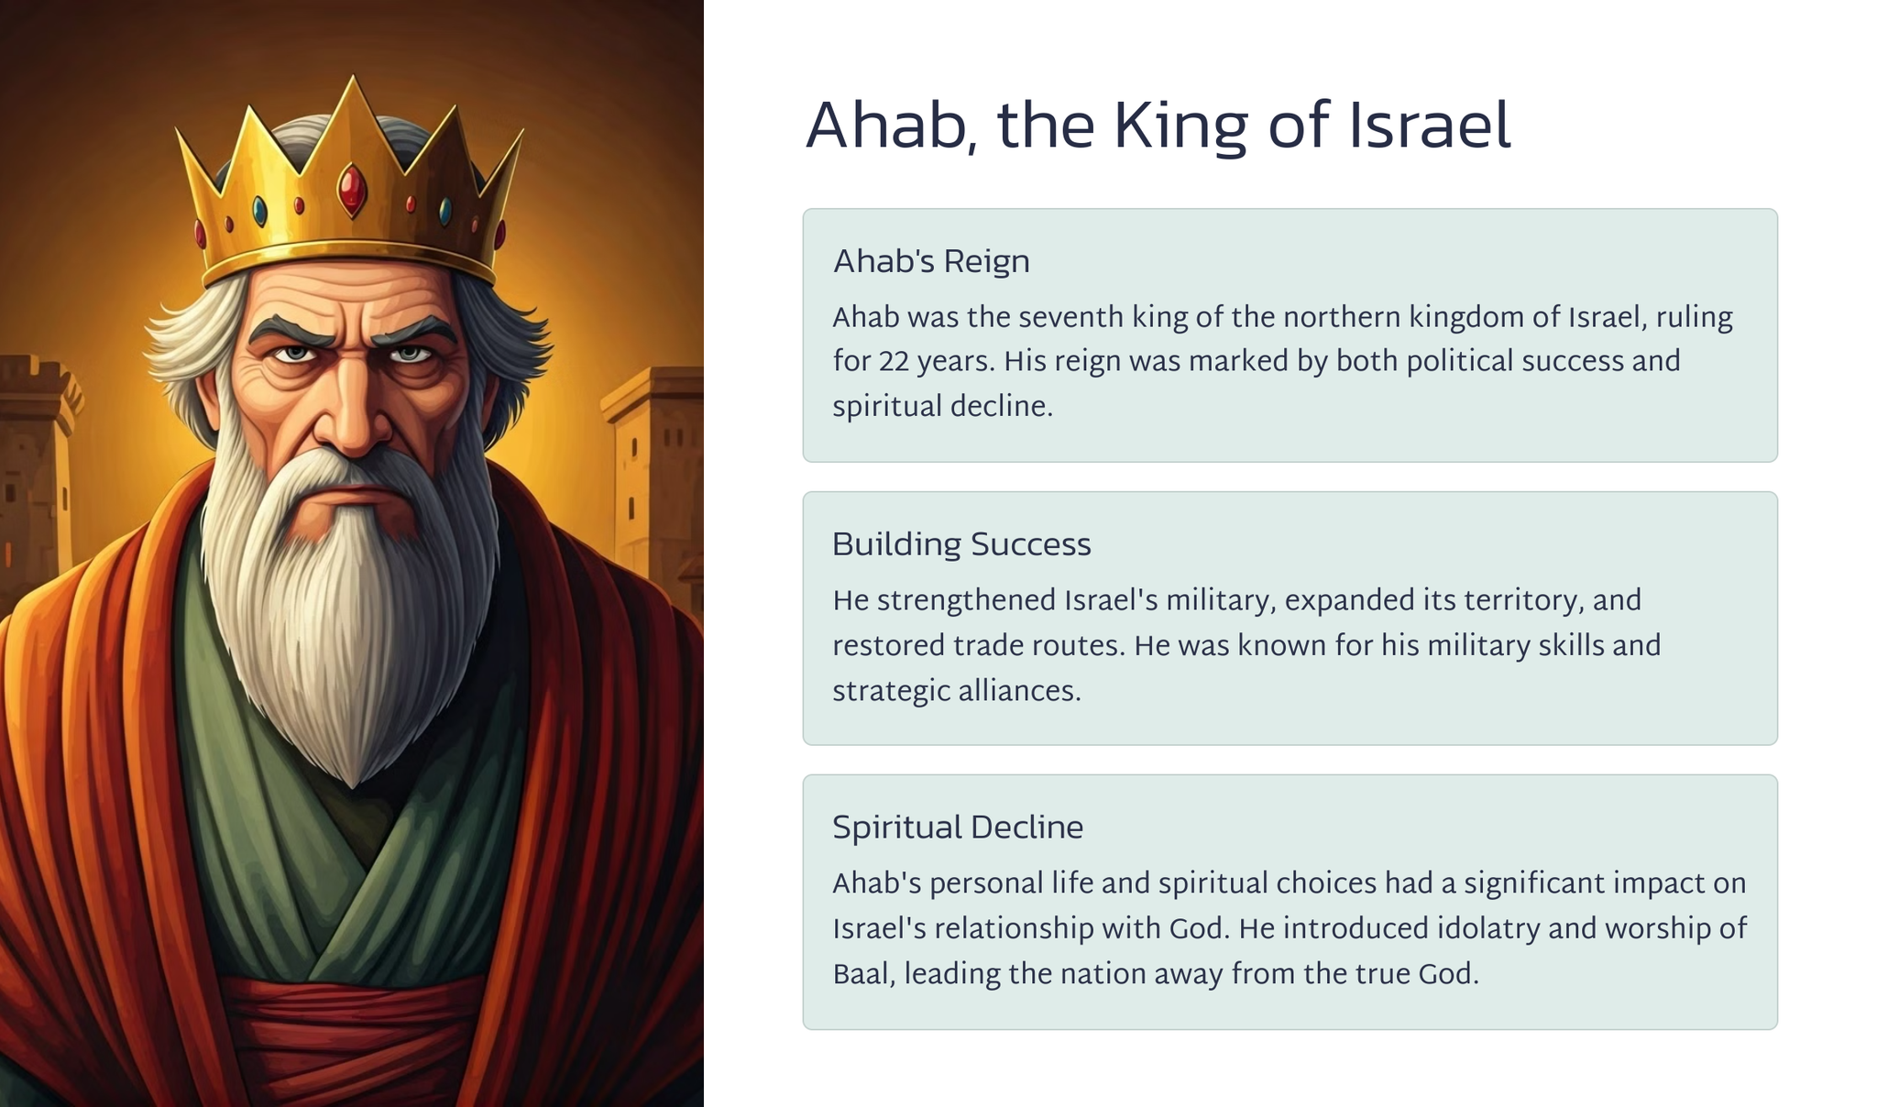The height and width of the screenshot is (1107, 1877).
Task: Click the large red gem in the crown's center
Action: (x=352, y=190)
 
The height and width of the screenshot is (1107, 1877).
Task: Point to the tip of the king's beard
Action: (x=354, y=784)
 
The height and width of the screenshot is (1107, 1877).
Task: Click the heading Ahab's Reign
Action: (x=931, y=261)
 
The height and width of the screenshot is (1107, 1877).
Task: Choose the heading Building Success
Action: (x=961, y=544)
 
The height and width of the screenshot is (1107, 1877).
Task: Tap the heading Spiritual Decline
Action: (x=958, y=828)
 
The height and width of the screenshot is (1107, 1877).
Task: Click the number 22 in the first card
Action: (x=894, y=362)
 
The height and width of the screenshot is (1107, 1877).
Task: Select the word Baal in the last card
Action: (x=862, y=973)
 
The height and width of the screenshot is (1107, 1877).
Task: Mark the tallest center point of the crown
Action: (x=353, y=77)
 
